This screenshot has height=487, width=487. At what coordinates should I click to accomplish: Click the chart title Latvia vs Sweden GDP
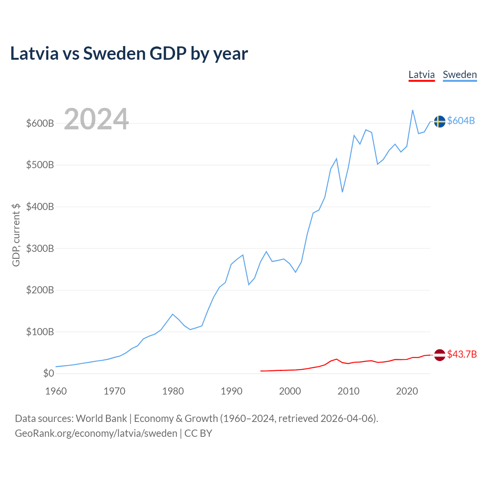[129, 54]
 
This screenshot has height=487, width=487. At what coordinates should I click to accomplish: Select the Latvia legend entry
[422, 75]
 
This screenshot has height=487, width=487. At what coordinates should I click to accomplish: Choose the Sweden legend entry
[460, 75]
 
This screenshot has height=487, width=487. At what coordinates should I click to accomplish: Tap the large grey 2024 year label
[96, 119]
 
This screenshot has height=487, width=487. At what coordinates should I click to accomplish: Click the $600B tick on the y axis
[40, 123]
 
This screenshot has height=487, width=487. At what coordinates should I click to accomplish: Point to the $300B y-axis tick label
[40, 248]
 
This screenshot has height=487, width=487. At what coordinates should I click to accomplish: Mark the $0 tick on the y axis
[48, 373]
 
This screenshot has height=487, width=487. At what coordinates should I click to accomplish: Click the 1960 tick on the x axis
[56, 391]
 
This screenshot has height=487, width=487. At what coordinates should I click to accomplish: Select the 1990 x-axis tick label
[231, 391]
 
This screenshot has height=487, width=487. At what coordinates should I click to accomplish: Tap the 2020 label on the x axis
[407, 391]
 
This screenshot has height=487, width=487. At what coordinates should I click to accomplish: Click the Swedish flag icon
[439, 121]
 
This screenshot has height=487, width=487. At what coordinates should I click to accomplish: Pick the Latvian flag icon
[439, 355]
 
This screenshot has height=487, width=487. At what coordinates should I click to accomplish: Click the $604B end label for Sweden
[461, 121]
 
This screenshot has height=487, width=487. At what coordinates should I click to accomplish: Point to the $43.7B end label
[462, 354]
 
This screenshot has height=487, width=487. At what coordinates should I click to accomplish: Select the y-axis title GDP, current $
[16, 235]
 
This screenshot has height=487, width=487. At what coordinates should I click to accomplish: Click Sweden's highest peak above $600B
[413, 110]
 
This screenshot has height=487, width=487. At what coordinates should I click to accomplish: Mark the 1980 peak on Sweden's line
[173, 314]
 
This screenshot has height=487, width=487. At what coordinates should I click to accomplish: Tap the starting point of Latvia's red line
[261, 371]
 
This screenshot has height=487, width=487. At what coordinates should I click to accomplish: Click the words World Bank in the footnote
[101, 419]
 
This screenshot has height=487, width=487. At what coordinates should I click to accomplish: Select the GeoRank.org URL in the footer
[96, 433]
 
